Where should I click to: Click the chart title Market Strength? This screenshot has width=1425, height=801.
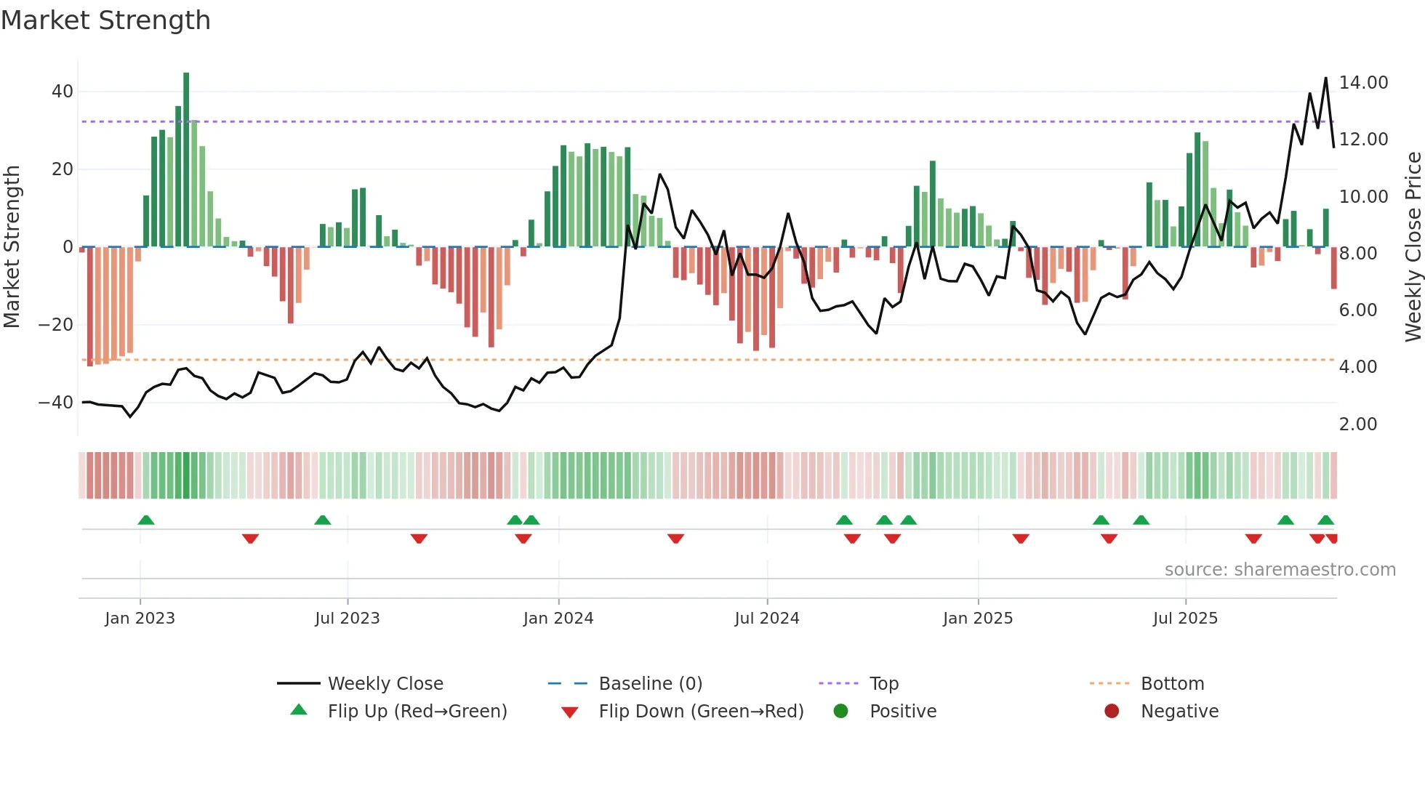click(x=106, y=20)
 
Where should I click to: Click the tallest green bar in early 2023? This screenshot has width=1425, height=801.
click(x=186, y=160)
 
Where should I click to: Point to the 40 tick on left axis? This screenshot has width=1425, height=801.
click(x=63, y=92)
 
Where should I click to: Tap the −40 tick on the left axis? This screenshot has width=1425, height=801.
click(x=56, y=402)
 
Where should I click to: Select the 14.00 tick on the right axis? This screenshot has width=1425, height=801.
click(x=1363, y=83)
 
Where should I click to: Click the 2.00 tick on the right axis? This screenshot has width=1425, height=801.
click(x=1357, y=424)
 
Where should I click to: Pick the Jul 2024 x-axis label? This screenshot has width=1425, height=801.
click(x=766, y=618)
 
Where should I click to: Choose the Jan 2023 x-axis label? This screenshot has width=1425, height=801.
click(x=140, y=618)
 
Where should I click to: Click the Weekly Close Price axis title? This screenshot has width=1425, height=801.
click(x=1413, y=247)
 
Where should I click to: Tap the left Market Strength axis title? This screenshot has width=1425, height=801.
click(x=12, y=247)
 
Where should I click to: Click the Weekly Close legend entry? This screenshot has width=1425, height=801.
click(x=385, y=683)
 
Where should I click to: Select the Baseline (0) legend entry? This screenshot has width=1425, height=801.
click(x=650, y=683)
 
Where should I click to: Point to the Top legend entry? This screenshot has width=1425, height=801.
click(x=883, y=683)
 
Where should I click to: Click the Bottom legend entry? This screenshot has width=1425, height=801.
click(x=1172, y=683)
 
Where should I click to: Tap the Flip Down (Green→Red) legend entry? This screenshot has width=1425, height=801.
click(x=700, y=711)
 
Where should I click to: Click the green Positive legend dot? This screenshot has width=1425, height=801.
click(x=840, y=711)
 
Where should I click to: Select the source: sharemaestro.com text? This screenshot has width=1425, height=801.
click(x=1280, y=569)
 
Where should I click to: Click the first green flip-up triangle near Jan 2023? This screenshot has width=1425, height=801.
click(x=146, y=520)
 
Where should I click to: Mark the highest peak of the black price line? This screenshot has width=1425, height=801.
click(x=1325, y=78)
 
